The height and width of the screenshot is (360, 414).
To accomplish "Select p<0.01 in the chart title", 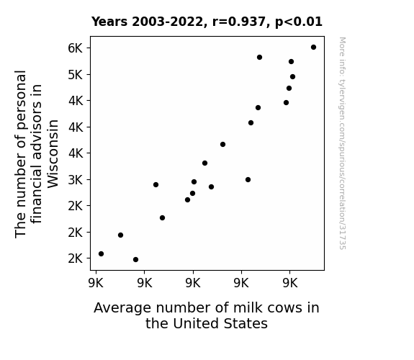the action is (x=299, y=22).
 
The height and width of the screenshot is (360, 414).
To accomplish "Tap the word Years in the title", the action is (x=109, y=22).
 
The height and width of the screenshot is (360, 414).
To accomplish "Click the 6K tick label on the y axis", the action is (x=76, y=48).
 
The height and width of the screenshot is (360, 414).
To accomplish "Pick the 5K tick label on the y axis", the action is (x=76, y=75).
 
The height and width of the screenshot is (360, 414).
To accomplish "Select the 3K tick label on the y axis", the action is (x=76, y=180).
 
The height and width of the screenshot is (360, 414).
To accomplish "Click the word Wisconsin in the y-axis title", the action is (x=53, y=153).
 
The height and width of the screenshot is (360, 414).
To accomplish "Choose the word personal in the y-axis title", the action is (x=21, y=99).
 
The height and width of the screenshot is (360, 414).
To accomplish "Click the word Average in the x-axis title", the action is (x=122, y=308).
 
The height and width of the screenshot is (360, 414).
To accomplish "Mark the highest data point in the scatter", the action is (x=313, y=48).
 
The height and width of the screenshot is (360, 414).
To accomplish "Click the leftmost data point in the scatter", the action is (x=101, y=254).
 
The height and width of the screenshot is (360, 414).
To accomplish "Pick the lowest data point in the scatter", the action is (x=135, y=260).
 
